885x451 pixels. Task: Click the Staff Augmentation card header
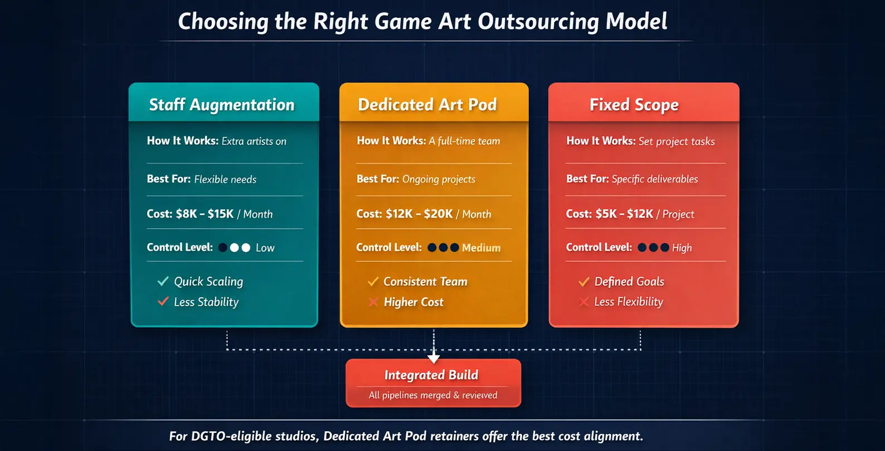click(x=221, y=105)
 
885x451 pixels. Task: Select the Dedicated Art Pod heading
click(x=427, y=105)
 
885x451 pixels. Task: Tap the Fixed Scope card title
click(x=634, y=105)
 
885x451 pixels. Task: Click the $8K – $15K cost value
click(x=205, y=214)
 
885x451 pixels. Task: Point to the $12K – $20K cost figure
click(x=419, y=214)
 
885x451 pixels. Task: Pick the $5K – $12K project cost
click(x=624, y=214)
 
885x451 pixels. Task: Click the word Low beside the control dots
click(x=265, y=248)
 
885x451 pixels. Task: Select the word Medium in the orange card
click(x=481, y=248)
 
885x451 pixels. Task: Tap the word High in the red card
click(x=682, y=248)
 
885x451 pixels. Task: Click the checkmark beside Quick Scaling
click(x=163, y=281)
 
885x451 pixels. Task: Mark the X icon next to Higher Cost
click(x=373, y=302)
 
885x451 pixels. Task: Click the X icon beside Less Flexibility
click(x=583, y=302)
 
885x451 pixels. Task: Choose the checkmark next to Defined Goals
click(x=583, y=281)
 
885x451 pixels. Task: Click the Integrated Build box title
click(x=431, y=375)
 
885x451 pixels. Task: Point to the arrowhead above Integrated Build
click(x=434, y=359)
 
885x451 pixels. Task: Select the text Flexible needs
click(x=225, y=179)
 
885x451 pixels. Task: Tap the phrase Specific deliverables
click(x=654, y=179)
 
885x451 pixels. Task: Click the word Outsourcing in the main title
click(x=538, y=22)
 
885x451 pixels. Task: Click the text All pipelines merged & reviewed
click(x=433, y=395)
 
